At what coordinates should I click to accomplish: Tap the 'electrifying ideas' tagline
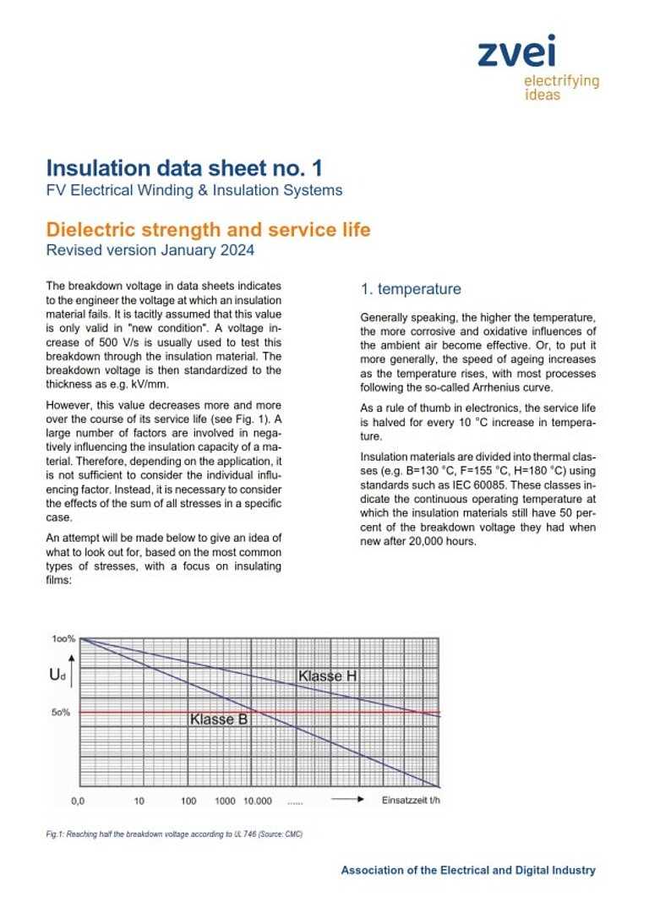pyautogui.click(x=561, y=87)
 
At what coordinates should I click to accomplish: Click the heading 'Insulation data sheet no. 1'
pyautogui.click(x=184, y=167)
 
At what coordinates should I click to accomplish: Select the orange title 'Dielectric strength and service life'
pyautogui.click(x=208, y=229)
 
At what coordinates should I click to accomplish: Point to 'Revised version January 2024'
pyautogui.click(x=150, y=249)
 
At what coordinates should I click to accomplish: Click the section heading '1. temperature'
pyautogui.click(x=411, y=289)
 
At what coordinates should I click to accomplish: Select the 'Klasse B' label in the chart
pyautogui.click(x=218, y=719)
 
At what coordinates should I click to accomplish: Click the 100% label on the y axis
pyautogui.click(x=63, y=638)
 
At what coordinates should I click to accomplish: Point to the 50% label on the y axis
pyautogui.click(x=61, y=713)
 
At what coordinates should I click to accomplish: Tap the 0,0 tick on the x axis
pyautogui.click(x=78, y=800)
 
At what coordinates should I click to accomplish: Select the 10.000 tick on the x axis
pyautogui.click(x=258, y=800)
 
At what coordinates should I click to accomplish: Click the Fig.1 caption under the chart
pyautogui.click(x=174, y=834)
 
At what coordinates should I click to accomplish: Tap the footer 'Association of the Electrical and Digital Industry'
pyautogui.click(x=467, y=870)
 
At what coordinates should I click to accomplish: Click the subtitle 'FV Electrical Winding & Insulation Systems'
pyautogui.click(x=194, y=190)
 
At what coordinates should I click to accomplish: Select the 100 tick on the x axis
pyautogui.click(x=188, y=800)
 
